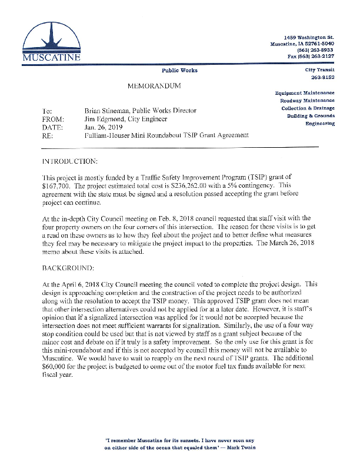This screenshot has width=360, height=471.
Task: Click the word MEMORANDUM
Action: pos(154,87)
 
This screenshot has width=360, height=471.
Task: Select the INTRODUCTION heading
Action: pos(70,160)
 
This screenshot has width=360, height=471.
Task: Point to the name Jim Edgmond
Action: pos(104,118)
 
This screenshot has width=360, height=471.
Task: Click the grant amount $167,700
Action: pos(58,184)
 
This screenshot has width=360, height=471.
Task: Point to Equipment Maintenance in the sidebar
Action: pos(305,92)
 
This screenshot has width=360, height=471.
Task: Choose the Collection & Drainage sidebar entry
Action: pos(308,108)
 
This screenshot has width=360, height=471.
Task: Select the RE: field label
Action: pos(48,135)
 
